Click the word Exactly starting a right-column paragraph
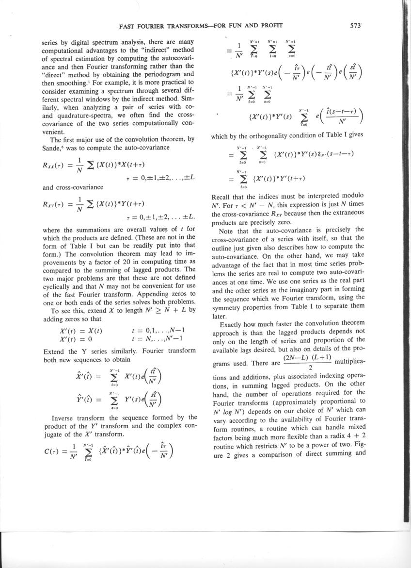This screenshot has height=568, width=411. pyautogui.click(x=232, y=324)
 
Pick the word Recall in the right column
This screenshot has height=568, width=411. pyautogui.click(x=223, y=198)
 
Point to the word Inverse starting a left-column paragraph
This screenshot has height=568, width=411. pyautogui.click(x=64, y=417)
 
